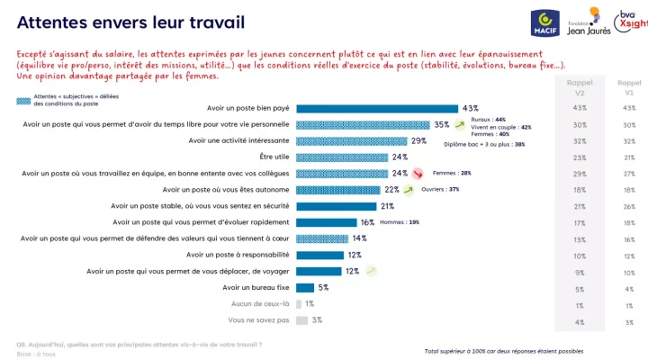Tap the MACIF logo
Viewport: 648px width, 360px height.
point(545,22)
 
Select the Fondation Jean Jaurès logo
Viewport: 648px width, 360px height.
point(587,21)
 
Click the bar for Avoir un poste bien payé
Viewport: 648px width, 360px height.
point(377,108)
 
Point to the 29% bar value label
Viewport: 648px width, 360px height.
point(418,140)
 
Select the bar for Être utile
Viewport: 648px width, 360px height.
point(342,157)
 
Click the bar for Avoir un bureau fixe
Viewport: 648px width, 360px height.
point(305,288)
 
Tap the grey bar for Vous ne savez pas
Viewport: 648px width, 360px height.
point(301,320)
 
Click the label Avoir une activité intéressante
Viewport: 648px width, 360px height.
point(239,140)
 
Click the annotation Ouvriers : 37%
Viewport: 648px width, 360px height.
point(442,189)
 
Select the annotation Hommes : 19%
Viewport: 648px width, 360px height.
point(400,221)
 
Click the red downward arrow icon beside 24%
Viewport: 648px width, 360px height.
point(417,173)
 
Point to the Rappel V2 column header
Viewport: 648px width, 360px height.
point(580,86)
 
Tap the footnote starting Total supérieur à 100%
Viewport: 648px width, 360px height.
point(503,350)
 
